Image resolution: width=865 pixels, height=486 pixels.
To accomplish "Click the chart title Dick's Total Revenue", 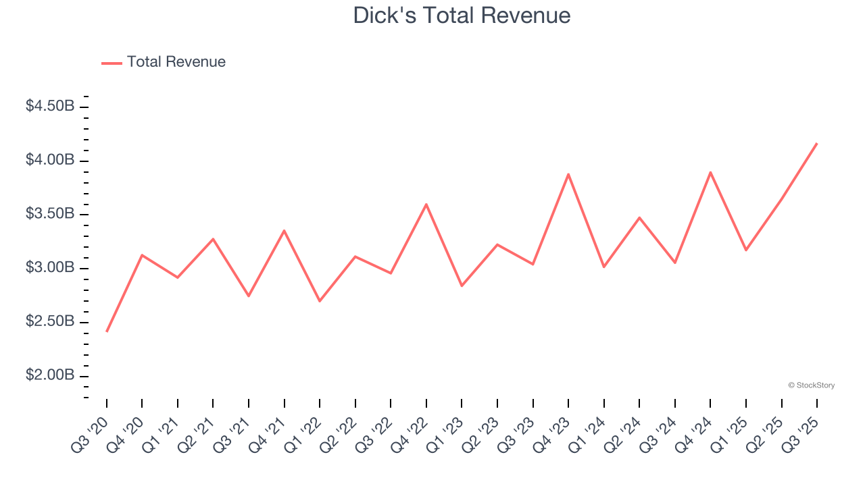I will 462,16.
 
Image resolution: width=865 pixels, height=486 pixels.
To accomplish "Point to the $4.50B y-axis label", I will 50,107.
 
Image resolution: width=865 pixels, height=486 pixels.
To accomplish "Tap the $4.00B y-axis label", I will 50,161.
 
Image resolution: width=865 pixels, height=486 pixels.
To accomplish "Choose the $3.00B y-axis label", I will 50,268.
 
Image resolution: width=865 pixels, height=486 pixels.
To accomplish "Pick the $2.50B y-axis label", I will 50,322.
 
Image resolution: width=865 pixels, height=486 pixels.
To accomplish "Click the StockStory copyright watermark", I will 812,385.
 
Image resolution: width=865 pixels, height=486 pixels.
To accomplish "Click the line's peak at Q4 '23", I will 568,174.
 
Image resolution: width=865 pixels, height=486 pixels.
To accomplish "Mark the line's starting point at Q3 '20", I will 107,331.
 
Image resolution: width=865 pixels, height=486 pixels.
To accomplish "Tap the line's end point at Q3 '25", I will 816,143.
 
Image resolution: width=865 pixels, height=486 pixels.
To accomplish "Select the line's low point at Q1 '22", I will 320,301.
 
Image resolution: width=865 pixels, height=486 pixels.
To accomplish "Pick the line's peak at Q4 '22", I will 426,204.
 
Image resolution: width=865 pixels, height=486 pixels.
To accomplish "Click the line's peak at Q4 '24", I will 710,172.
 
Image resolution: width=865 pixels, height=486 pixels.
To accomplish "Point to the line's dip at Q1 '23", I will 462,286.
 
